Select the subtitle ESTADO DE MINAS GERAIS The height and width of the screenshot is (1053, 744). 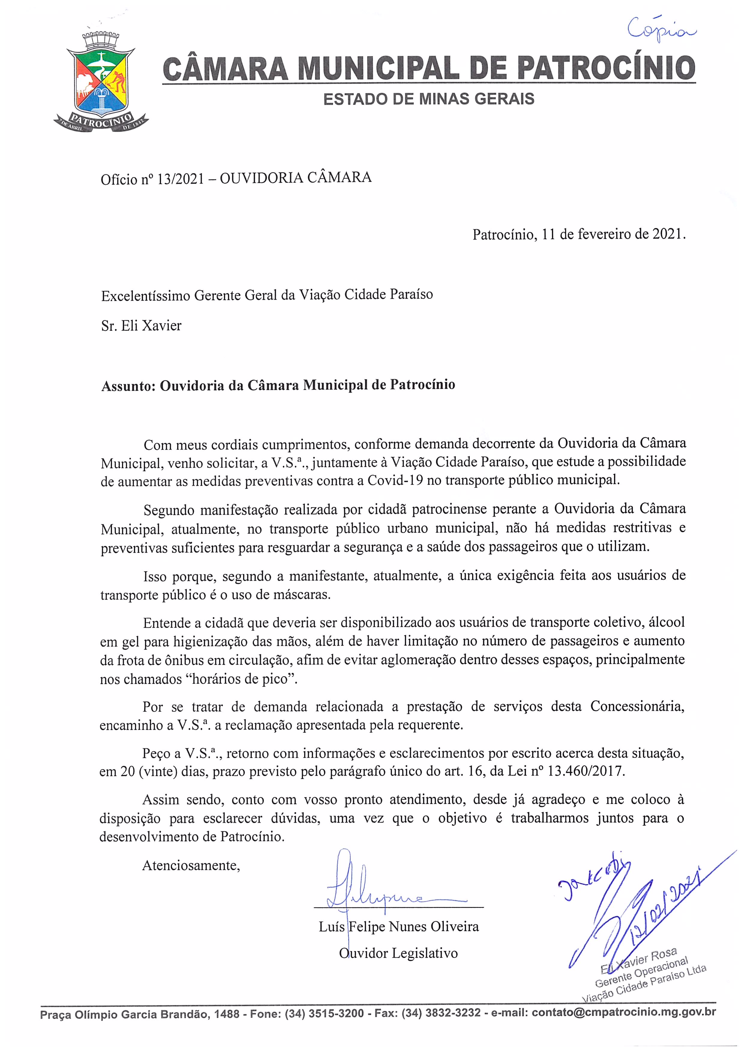[429, 99]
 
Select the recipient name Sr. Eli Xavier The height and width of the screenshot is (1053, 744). [141, 326]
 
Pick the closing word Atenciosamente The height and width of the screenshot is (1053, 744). [191, 865]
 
